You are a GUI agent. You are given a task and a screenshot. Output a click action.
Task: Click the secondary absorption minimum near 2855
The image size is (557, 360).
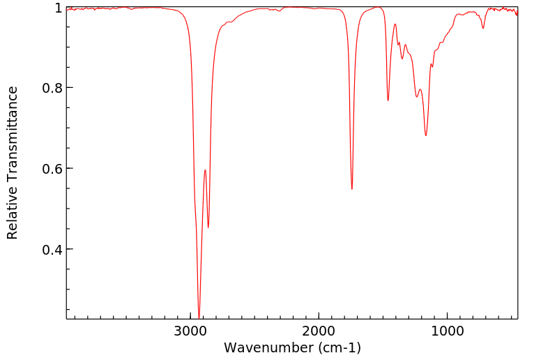(208, 227)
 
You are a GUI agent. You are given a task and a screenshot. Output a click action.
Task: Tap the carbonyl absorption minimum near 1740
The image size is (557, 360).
(352, 189)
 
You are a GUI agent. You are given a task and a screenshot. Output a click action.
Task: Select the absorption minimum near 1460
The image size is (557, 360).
(388, 100)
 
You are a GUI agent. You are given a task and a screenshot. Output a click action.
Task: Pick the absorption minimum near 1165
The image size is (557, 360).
(426, 135)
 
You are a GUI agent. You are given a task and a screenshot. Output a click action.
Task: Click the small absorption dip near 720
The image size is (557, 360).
(483, 28)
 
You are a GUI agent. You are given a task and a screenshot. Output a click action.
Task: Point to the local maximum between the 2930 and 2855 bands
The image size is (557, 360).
(205, 170)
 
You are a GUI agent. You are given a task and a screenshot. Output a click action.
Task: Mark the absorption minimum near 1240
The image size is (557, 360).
(417, 97)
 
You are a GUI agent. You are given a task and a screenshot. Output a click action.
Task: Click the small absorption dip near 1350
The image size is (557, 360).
(402, 59)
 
